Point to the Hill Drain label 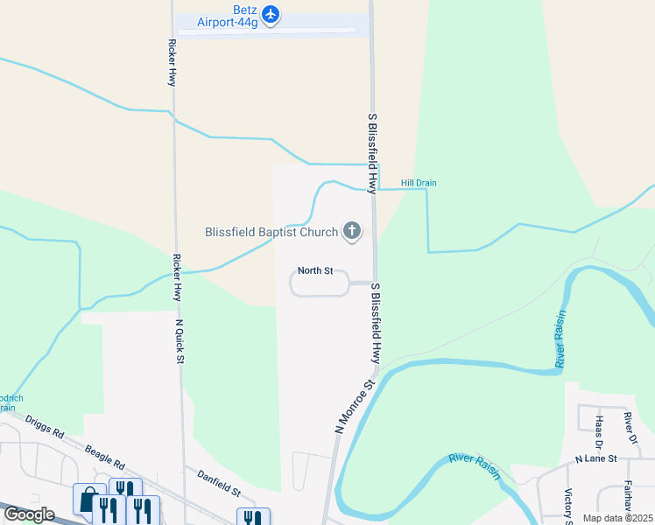(x=419, y=183)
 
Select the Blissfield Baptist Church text (x=271, y=232)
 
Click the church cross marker (x=352, y=231)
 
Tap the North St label (x=315, y=270)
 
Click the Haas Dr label (x=600, y=429)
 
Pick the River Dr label (x=629, y=423)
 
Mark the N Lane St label (x=596, y=458)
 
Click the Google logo (x=29, y=514)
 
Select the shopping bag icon (x=88, y=501)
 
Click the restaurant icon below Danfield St (x=253, y=518)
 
